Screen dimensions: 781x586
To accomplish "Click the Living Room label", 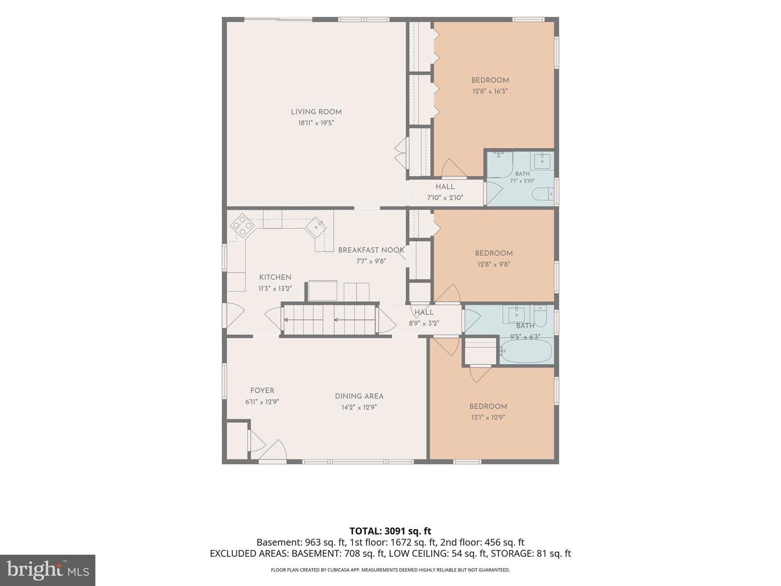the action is [316, 112].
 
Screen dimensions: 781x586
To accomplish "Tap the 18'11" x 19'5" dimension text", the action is [316, 123].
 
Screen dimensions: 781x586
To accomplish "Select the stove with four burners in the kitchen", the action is [242, 226].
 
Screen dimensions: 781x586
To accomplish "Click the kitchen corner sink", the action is [316, 226].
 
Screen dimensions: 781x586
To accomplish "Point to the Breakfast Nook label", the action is [371, 250].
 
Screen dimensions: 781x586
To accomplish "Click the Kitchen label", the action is [275, 277].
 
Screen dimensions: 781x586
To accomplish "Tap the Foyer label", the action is [262, 391].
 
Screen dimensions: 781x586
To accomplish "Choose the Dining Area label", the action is [359, 396].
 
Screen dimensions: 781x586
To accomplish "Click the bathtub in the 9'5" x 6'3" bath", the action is [526, 351].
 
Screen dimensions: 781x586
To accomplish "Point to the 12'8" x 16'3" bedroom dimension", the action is [490, 92].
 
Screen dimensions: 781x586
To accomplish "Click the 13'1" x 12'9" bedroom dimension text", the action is [488, 417].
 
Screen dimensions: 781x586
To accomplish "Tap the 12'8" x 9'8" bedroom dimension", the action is [494, 264].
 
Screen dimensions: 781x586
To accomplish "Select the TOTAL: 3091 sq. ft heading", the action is [390, 531].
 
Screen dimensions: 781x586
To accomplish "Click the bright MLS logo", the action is [48, 570].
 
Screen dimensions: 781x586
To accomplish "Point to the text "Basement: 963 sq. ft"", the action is [301, 542].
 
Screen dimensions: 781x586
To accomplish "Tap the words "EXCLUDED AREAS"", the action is [249, 553].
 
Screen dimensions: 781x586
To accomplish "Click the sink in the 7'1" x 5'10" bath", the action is [542, 161].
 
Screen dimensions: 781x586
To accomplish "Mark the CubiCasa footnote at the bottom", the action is [390, 570].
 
